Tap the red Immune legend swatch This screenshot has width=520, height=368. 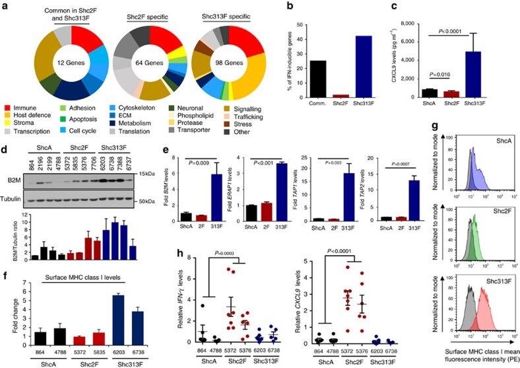click(7, 105)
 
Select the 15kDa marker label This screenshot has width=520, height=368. click(228, 174)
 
